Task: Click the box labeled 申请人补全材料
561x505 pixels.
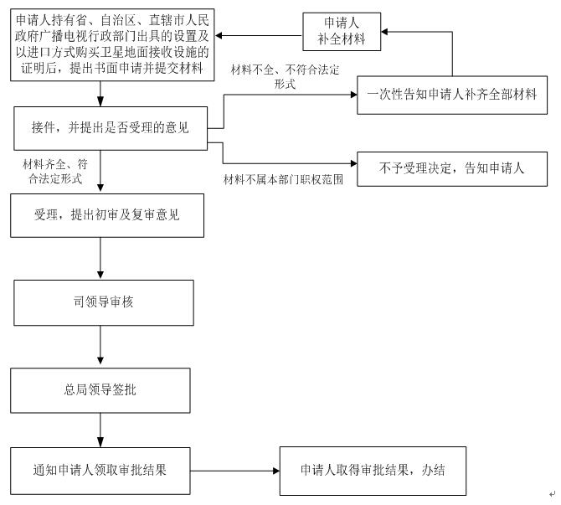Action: pos(342,32)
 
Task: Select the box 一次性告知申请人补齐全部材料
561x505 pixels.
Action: pos(452,95)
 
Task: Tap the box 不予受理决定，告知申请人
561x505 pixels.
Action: pos(452,169)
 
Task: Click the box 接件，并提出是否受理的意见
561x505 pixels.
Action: pos(111,128)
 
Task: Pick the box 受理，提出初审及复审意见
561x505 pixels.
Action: pos(107,215)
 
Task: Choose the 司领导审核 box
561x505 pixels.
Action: pos(104,303)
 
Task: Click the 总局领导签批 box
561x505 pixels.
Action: pos(100,390)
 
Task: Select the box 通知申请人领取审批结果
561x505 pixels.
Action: pos(100,471)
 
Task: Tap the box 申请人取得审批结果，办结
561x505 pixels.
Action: pos(373,471)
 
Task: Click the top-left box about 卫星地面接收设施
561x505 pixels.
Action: pos(112,44)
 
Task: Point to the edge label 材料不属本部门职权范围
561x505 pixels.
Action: pos(283,179)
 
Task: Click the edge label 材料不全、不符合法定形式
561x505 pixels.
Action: pos(286,76)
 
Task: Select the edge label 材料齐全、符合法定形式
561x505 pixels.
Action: pos(55,172)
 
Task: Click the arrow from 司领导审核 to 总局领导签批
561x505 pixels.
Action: pos(100,345)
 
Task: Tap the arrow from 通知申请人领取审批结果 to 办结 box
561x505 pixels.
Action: pos(235,471)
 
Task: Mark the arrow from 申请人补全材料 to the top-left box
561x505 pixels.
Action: pos(259,35)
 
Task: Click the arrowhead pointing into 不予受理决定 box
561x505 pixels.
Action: pos(353,163)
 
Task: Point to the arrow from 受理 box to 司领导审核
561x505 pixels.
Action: pos(100,258)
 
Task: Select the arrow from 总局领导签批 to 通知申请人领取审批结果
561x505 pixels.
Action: pos(100,430)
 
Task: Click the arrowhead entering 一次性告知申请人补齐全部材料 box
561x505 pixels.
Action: pos(353,95)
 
